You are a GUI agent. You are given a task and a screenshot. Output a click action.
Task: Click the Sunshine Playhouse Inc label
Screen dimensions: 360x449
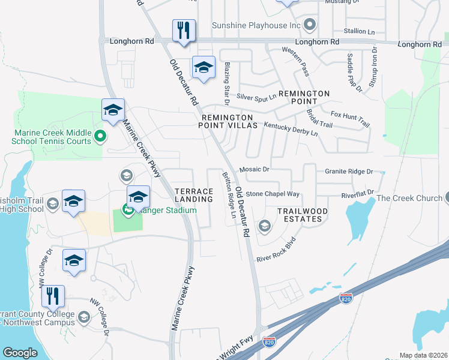click(x=256, y=26)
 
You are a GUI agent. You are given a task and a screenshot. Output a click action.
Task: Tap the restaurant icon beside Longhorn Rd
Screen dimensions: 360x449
click(x=184, y=31)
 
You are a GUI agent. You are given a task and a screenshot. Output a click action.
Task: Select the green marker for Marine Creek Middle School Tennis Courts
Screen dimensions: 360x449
click(x=101, y=137)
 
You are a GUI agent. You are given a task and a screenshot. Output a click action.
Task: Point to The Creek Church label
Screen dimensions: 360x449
click(x=409, y=198)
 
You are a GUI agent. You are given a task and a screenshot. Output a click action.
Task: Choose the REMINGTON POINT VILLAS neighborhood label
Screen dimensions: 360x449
click(x=228, y=121)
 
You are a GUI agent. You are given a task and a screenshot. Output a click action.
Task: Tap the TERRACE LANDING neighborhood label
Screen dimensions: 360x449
click(x=194, y=194)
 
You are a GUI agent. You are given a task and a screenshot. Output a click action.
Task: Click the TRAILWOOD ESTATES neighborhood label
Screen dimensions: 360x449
click(x=303, y=215)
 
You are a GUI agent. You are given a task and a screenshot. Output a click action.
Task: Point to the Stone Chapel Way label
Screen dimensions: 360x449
click(x=272, y=194)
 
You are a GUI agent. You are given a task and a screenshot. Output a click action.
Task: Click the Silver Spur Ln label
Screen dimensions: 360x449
click(x=256, y=96)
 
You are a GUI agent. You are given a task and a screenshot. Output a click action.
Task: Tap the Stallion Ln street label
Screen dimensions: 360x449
click(x=359, y=31)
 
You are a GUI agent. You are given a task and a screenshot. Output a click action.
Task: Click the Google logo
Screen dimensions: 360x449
click(x=20, y=353)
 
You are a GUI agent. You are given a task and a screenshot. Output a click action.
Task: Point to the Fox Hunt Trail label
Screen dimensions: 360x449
click(x=350, y=116)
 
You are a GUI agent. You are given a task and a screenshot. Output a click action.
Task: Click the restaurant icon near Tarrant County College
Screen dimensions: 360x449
click(x=53, y=297)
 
